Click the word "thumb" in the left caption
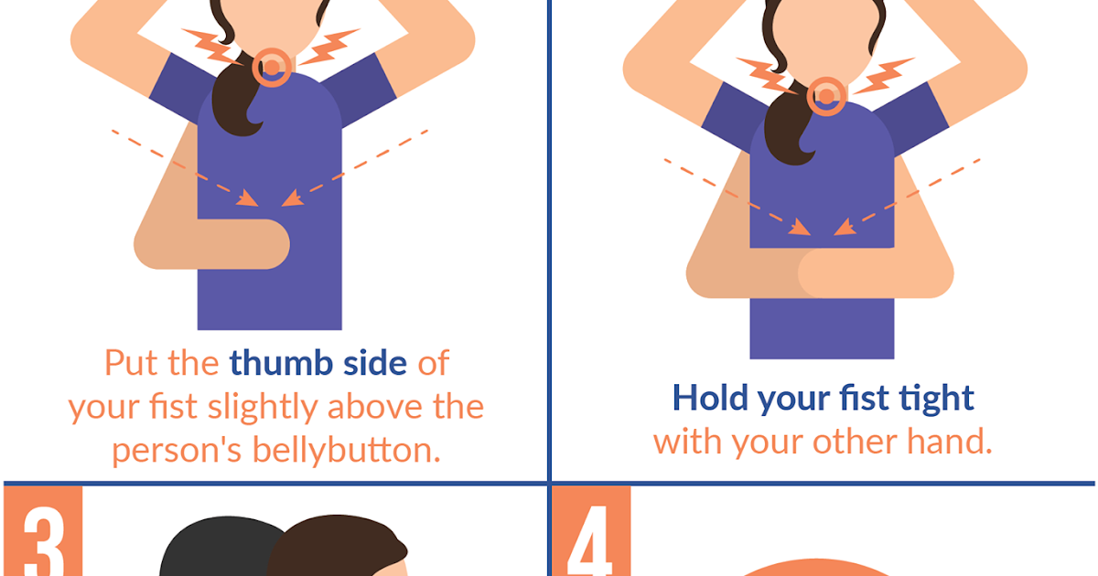[274, 364]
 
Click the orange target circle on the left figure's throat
[272, 66]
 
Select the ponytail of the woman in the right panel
[784, 128]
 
